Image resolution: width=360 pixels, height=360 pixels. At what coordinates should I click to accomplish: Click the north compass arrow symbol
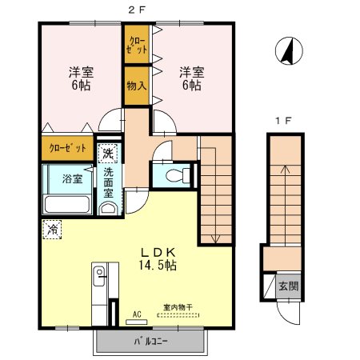[x=287, y=52]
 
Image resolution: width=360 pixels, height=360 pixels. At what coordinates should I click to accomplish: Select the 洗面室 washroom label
[x=108, y=182]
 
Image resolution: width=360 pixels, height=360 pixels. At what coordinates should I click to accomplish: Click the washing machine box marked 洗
[x=107, y=152]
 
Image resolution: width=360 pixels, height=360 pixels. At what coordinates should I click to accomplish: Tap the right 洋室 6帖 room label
[x=191, y=77]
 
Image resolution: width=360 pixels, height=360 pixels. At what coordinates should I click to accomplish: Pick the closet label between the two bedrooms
[x=134, y=45]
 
